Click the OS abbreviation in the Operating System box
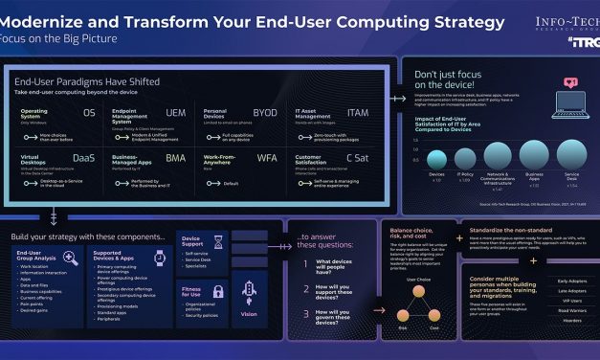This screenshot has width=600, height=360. (90, 113)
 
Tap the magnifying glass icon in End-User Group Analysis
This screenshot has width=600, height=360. (70, 258)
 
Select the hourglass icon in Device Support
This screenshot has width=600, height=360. (217, 242)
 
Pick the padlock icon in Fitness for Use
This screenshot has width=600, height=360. (217, 292)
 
